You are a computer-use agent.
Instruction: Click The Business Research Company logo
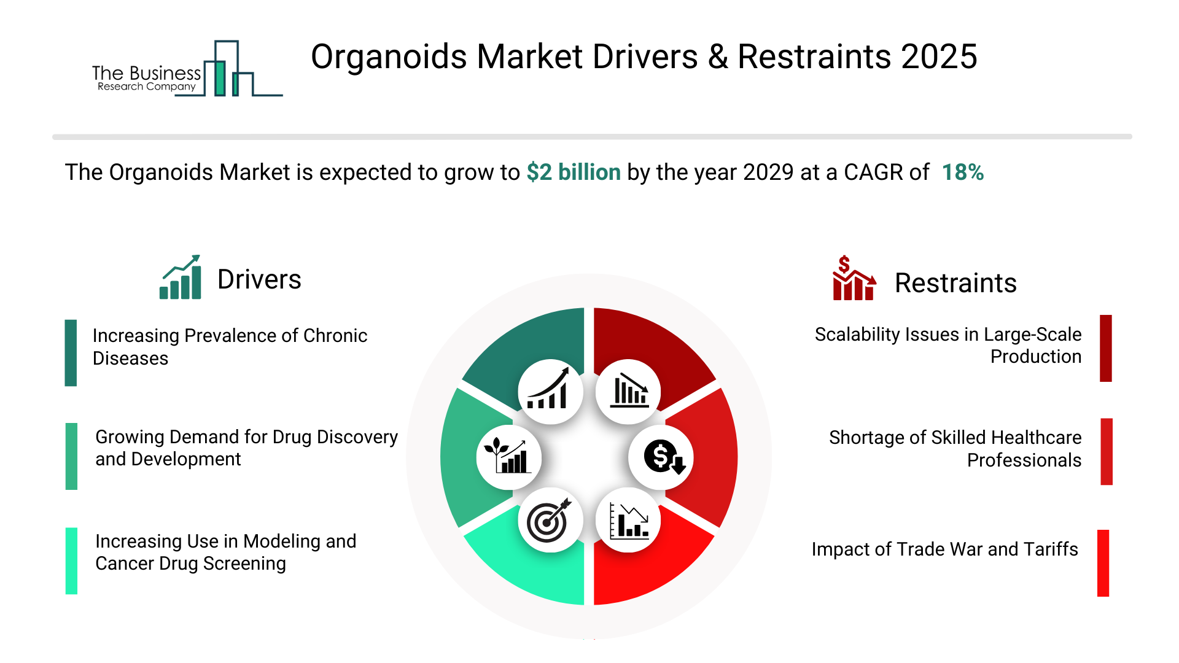187,69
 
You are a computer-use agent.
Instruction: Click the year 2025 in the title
939,57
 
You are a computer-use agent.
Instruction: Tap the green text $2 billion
574,173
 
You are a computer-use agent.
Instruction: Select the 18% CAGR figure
963,173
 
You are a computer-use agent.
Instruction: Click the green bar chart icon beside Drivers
181,277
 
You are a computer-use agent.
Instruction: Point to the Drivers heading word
259,280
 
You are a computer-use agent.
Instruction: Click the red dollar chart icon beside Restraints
854,278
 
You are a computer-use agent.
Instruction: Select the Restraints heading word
955,283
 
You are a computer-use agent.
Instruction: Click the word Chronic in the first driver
335,336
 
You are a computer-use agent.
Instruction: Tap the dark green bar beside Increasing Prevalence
71,353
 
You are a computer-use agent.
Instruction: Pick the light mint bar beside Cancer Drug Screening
71,561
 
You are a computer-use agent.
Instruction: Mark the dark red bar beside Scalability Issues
1106,349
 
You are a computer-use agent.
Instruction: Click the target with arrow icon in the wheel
549,521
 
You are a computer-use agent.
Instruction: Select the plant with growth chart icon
507,456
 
